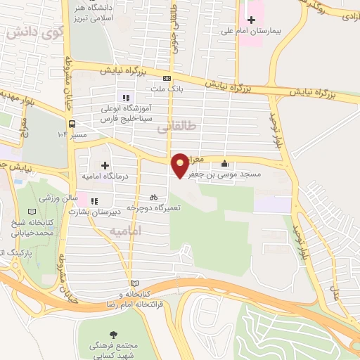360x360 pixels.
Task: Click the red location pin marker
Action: pos(181,165)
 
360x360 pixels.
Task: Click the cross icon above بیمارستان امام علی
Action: pos(251,19)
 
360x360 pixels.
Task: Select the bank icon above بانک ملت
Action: pos(167,78)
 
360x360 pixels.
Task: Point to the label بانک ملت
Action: pos(167,89)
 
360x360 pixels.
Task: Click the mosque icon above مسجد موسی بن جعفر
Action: pos(224,163)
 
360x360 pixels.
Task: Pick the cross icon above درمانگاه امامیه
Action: pos(105,166)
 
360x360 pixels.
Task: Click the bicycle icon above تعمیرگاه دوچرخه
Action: pos(153,198)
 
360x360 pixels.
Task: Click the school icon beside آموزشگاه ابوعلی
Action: pos(126,98)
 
